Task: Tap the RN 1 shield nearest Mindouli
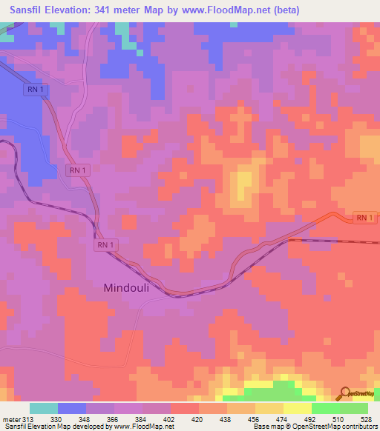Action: tap(105, 244)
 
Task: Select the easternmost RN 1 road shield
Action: tap(362, 218)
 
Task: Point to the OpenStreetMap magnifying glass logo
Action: tap(346, 395)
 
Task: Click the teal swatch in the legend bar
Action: tap(43, 408)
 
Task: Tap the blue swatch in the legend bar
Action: tap(72, 408)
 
